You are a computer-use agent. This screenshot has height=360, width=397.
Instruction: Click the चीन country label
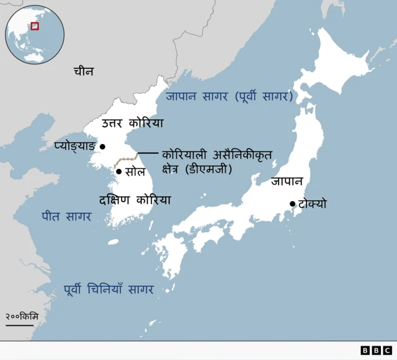click(x=83, y=71)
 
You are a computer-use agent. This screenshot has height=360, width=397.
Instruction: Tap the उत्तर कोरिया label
click(x=133, y=124)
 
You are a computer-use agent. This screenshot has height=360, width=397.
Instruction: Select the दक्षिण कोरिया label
click(x=135, y=200)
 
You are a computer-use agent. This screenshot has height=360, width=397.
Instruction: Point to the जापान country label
click(x=286, y=182)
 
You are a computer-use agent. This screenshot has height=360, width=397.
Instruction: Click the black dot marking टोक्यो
click(x=292, y=204)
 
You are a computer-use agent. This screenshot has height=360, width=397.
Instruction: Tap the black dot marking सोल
click(x=118, y=171)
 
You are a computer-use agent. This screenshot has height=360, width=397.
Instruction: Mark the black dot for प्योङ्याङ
click(x=103, y=147)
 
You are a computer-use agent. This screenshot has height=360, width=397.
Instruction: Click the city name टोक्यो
click(x=312, y=204)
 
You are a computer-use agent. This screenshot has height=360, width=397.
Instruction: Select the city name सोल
click(x=135, y=172)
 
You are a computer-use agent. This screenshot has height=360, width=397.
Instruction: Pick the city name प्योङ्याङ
click(x=74, y=146)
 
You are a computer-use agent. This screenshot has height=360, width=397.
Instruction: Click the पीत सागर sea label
click(x=66, y=217)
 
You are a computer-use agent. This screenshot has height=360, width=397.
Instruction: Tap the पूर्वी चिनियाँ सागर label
click(x=109, y=289)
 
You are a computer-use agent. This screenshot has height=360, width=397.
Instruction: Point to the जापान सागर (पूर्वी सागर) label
click(x=229, y=96)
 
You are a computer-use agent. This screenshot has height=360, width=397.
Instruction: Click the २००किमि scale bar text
click(x=22, y=317)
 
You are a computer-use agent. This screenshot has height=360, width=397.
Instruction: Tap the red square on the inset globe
click(x=35, y=25)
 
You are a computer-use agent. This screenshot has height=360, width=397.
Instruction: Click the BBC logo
click(x=376, y=351)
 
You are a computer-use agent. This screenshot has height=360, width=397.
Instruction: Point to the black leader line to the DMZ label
click(x=148, y=153)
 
